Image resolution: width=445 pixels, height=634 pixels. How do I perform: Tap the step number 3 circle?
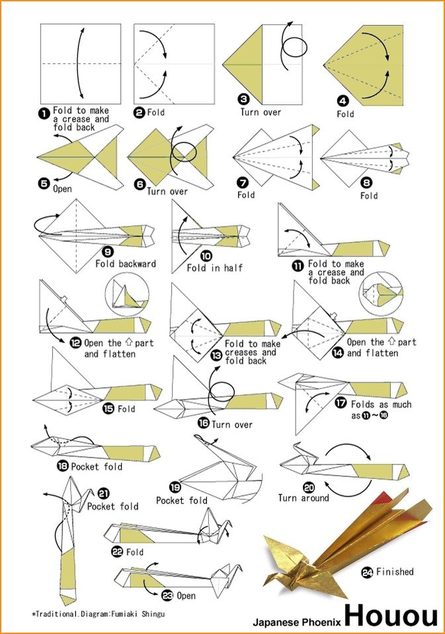(244, 100)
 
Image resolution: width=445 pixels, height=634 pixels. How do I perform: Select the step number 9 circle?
(108, 251)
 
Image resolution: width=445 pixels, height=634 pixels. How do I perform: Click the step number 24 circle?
(367, 572)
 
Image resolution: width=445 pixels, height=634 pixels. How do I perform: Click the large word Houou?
(390, 616)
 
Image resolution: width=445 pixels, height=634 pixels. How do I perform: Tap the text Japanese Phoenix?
(296, 621)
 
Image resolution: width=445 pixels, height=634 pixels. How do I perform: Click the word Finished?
(395, 572)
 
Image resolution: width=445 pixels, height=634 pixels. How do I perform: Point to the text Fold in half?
(214, 268)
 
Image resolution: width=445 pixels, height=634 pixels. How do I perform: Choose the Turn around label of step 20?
(303, 497)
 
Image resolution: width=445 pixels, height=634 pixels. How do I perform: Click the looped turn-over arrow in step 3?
(290, 46)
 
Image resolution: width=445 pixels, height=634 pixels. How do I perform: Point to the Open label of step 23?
(186, 596)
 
